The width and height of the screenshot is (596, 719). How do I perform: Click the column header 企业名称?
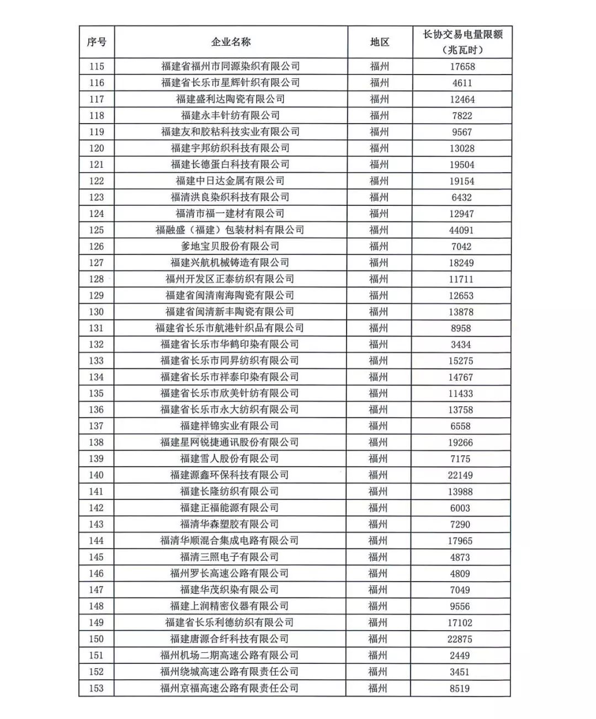[231, 42]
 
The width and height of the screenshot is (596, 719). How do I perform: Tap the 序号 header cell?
[97, 42]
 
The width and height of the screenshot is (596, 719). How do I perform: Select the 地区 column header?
[380, 42]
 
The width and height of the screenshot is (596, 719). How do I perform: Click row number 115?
[97, 66]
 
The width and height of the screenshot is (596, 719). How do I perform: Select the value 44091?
[461, 230]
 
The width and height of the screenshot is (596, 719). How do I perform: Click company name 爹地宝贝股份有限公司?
[230, 246]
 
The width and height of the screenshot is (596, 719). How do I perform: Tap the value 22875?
[460, 639]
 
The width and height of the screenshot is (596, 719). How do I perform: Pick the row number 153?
[96, 688]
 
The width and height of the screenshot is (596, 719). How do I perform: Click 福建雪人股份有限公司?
[230, 459]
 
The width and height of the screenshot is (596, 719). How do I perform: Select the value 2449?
[460, 656]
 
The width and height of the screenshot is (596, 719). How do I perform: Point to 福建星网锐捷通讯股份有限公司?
[230, 442]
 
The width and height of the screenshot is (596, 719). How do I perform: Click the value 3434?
[461, 344]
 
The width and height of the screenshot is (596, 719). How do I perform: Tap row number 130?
[97, 312]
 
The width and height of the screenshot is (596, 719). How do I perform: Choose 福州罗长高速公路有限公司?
[230, 573]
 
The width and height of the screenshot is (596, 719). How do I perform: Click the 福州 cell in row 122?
[379, 181]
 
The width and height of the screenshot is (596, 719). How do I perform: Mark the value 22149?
[460, 475]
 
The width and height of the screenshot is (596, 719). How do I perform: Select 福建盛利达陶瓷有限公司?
[230, 99]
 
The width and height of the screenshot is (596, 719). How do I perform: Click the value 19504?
[461, 164]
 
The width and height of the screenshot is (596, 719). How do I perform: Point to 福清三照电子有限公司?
[230, 557]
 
